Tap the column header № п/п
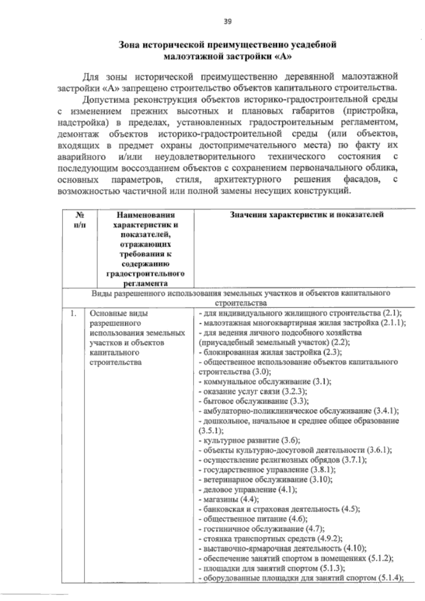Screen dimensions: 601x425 [80, 220]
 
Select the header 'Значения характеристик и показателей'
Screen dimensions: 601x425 [307, 215]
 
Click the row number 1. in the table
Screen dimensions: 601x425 [73, 313]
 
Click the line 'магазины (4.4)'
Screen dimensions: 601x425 [229, 500]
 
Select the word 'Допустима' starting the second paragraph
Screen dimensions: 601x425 [101, 99]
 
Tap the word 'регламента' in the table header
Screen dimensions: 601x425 [145, 283]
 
